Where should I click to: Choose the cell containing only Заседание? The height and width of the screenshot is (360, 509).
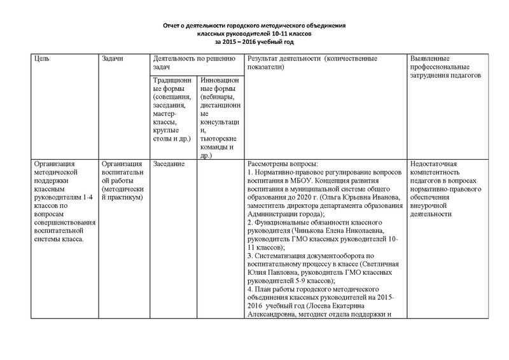tap(169, 164)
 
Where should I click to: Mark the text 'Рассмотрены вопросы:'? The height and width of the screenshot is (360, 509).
tap(280, 164)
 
